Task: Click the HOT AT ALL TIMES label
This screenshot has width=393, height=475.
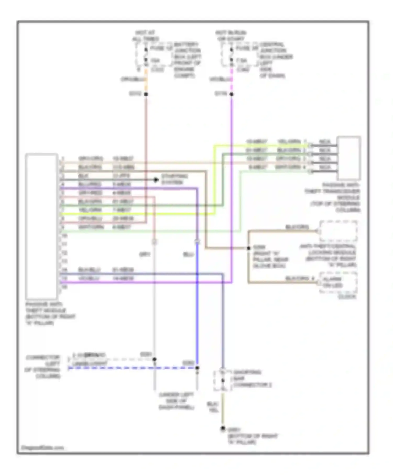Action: (x=145, y=36)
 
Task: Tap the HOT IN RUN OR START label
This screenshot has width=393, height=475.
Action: (x=231, y=36)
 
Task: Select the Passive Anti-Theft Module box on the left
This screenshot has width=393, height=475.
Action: (x=41, y=227)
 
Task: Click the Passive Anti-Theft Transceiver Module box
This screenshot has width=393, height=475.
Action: (x=348, y=158)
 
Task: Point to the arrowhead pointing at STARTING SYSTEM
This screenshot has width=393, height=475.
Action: (x=156, y=180)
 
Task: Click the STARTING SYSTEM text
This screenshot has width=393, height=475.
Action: (x=171, y=179)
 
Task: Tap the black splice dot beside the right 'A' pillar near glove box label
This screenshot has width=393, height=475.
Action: (x=248, y=248)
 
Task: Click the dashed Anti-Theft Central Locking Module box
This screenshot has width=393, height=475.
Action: (x=338, y=231)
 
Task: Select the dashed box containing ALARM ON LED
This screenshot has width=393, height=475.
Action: (x=338, y=282)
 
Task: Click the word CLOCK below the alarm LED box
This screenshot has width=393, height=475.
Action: (x=347, y=297)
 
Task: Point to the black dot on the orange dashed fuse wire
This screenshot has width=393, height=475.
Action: (x=146, y=94)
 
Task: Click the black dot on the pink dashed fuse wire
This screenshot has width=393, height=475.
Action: (x=231, y=94)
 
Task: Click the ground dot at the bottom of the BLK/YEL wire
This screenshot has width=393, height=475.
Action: (x=222, y=429)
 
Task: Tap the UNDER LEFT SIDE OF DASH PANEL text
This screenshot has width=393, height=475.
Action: (x=176, y=401)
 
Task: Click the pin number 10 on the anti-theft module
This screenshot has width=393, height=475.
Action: (x=64, y=236)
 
